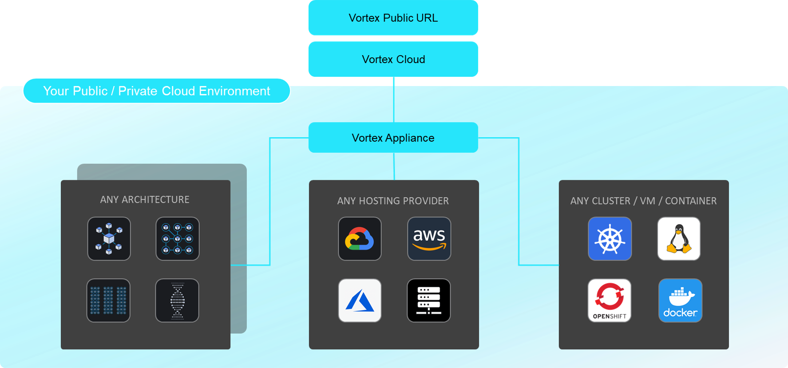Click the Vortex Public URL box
(393, 18)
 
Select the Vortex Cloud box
(393, 59)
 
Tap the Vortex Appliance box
(393, 138)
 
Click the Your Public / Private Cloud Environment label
(156, 91)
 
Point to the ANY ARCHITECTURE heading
(145, 200)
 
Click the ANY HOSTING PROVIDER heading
(393, 201)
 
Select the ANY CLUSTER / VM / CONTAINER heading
(643, 201)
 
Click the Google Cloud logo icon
(360, 239)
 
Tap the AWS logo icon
(429, 239)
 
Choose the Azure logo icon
(360, 301)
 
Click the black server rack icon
(429, 301)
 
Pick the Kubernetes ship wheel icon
(610, 239)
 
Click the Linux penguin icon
(679, 239)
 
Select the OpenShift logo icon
(610, 301)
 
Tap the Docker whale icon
(680, 301)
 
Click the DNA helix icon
(177, 301)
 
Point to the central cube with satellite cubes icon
(109, 239)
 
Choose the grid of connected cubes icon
(178, 239)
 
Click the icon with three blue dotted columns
(108, 301)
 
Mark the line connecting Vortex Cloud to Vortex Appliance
(394, 99)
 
